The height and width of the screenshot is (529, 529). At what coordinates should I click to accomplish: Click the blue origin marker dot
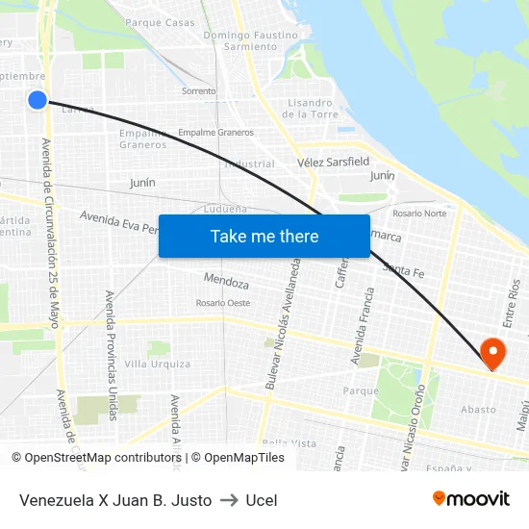[x=38, y=100]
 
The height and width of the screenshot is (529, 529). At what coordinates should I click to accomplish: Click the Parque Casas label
[x=160, y=21]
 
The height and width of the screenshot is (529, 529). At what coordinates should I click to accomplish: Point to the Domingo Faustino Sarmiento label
[x=249, y=40]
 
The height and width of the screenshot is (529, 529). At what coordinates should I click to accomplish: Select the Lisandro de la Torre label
[x=311, y=109]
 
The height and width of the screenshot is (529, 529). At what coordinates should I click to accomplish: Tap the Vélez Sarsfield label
[x=333, y=162]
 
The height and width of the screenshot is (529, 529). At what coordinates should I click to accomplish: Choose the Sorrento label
[x=199, y=91]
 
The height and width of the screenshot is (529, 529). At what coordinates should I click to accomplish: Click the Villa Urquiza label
[x=158, y=364]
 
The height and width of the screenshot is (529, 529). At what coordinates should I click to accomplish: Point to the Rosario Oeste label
[x=223, y=303]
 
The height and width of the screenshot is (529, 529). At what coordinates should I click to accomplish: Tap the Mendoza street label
[x=227, y=283]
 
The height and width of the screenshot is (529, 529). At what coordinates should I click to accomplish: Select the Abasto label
[x=478, y=410]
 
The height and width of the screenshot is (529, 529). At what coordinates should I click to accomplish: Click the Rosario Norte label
[x=419, y=213]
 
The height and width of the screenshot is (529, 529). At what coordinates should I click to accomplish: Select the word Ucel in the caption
[x=262, y=500]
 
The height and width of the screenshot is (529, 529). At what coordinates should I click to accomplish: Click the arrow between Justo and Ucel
[x=229, y=500]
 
